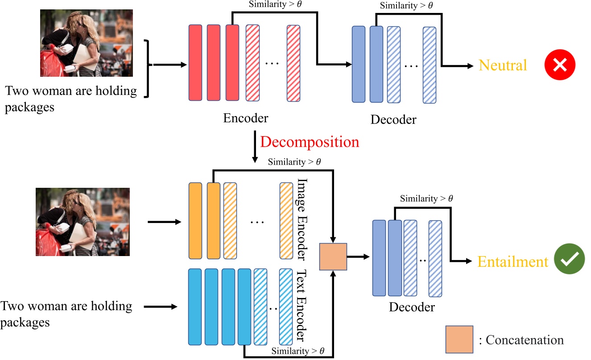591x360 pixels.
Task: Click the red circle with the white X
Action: coord(560,65)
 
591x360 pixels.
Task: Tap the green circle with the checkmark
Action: coord(570,261)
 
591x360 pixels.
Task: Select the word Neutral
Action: coord(503,65)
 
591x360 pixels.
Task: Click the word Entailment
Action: coord(512,261)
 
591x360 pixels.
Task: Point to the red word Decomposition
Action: coord(310,141)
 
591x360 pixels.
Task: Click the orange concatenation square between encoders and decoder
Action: coord(333,257)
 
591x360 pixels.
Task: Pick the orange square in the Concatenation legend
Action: coord(459,339)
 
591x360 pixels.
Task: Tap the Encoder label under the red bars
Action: coord(246,118)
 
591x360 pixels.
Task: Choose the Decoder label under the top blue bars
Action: coord(393,119)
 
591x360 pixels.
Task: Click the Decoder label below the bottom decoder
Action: coord(412,307)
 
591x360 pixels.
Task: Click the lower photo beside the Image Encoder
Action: coord(83,222)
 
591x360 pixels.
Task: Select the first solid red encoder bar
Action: coord(195,62)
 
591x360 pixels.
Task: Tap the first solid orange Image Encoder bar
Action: coord(196,220)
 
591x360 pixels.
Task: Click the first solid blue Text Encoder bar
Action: coord(195,306)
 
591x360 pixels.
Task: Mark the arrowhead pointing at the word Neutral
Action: coord(470,66)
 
